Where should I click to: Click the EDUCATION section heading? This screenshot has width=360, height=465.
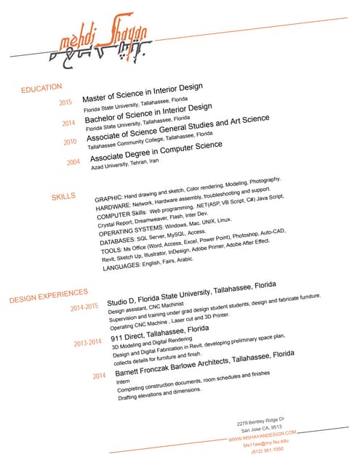pyautogui.click(x=41, y=88)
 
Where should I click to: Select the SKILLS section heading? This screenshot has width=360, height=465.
pyautogui.click(x=63, y=196)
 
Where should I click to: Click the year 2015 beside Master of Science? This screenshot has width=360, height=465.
pyautogui.click(x=65, y=102)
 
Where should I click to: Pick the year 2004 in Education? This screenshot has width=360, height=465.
pyautogui.click(x=73, y=162)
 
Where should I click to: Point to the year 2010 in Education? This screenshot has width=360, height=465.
pyautogui.click(x=70, y=142)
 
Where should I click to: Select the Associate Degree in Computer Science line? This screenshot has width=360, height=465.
pyautogui.click(x=156, y=150)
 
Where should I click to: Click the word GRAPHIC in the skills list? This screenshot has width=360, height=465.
pyautogui.click(x=108, y=198)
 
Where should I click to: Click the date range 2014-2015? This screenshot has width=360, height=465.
pyautogui.click(x=84, y=308)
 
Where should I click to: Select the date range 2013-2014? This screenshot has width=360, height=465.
pyautogui.click(x=87, y=342)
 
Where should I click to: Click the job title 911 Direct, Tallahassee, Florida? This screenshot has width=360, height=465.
pyautogui.click(x=159, y=333)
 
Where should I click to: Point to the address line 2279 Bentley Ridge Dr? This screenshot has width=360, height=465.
pyautogui.click(x=260, y=421)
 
